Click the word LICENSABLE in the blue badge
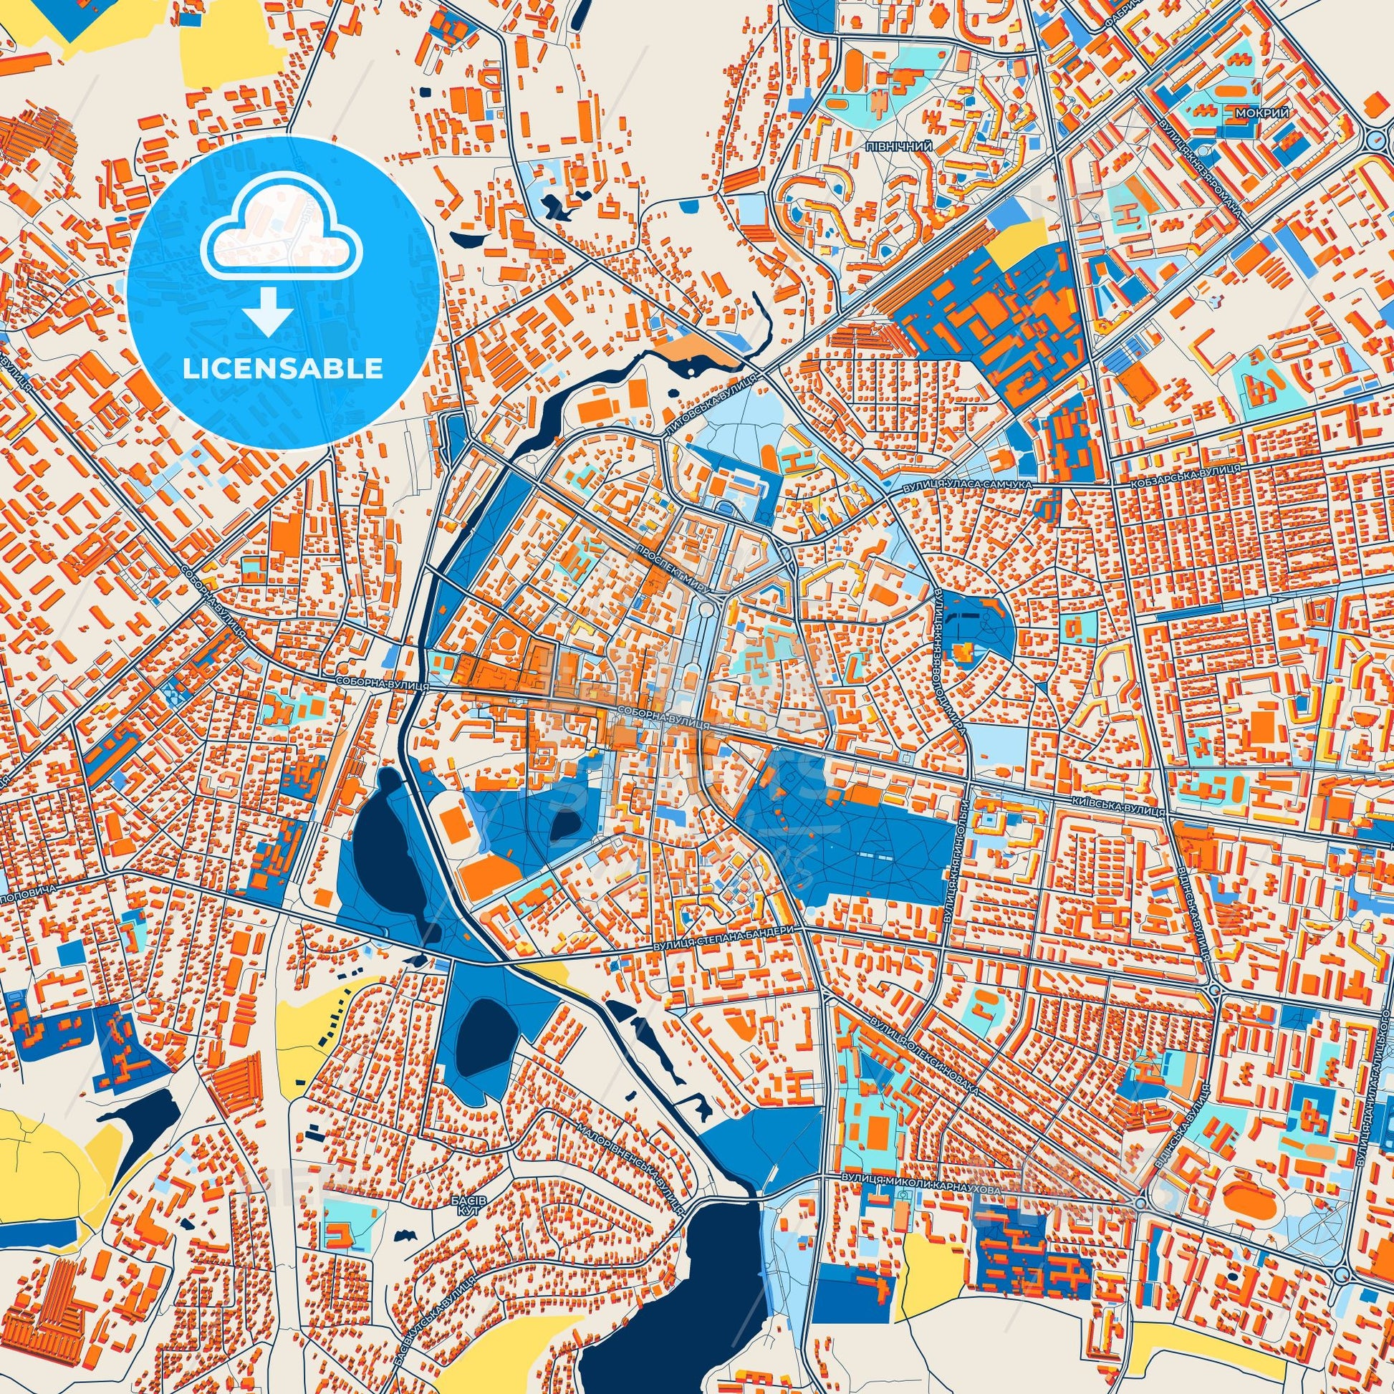coord(282,369)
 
